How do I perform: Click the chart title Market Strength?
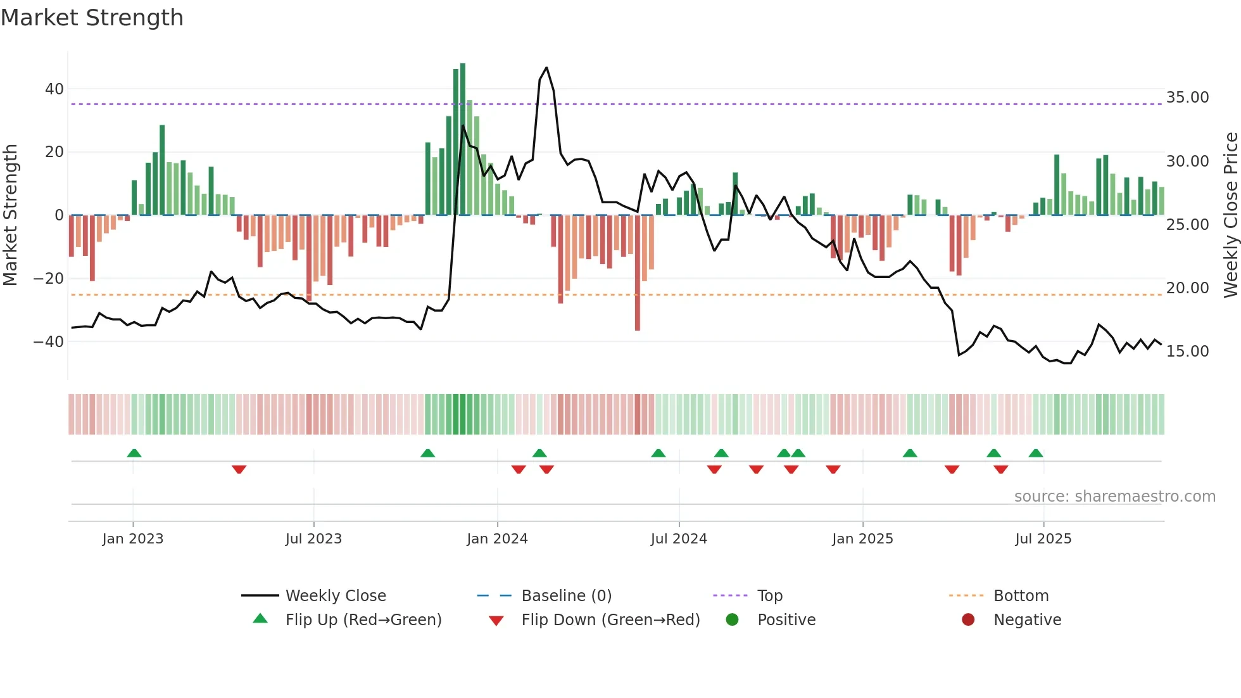pos(92,18)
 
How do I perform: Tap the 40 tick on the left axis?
pos(54,89)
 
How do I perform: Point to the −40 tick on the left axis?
pos(49,342)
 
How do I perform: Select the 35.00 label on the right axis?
pos(1187,98)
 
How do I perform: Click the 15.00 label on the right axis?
pos(1187,352)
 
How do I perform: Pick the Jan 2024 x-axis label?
pos(497,539)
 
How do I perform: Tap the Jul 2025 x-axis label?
pos(1043,539)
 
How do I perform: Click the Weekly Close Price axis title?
pos(1230,215)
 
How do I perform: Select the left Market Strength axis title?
pos(10,215)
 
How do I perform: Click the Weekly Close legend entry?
pos(335,596)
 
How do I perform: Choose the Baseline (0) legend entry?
pos(566,596)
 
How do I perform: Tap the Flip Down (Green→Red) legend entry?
pos(610,620)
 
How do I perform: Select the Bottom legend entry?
pos(1021,596)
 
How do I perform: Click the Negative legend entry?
pos(1026,620)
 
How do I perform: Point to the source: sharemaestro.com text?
pos(1114,497)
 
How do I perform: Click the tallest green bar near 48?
pos(463,139)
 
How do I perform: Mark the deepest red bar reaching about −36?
pos(638,272)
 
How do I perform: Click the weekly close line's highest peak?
pos(546,68)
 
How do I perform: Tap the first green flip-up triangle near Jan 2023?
pos(134,454)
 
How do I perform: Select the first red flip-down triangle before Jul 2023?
pos(239,469)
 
